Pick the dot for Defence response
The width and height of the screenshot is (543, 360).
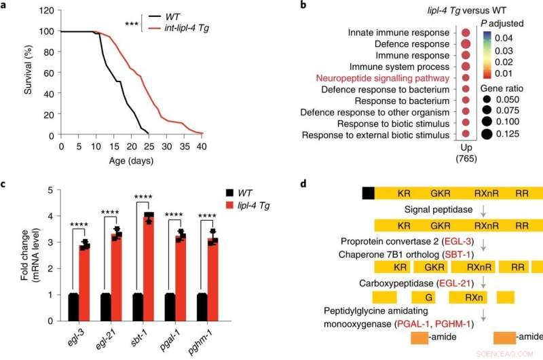[x=465, y=44]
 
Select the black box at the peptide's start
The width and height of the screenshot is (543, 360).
[x=369, y=193]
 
